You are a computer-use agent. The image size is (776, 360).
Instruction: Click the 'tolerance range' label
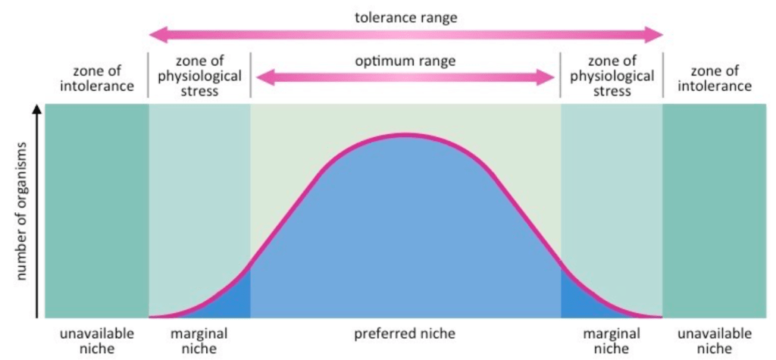(x=405, y=16)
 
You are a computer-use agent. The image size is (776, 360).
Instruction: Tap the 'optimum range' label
(x=405, y=61)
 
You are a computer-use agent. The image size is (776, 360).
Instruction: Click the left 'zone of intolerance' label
(x=96, y=78)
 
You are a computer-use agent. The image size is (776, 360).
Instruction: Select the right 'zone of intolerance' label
(x=715, y=78)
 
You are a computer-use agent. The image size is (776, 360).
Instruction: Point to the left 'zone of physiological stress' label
(x=199, y=76)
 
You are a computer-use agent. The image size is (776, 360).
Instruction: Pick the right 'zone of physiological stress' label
(x=612, y=76)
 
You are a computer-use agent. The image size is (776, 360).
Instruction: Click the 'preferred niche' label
(x=405, y=333)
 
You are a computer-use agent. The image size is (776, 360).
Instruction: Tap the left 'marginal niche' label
(x=199, y=340)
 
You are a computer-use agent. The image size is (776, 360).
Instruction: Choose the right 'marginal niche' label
(x=612, y=340)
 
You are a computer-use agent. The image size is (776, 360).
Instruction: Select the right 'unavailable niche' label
(x=715, y=340)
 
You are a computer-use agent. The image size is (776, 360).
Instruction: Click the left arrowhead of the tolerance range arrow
(x=155, y=34)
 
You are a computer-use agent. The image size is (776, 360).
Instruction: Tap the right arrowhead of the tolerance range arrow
(x=656, y=34)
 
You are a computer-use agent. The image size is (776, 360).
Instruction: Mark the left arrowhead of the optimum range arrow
(x=262, y=77)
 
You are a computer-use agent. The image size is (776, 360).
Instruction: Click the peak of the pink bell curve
(x=405, y=135)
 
